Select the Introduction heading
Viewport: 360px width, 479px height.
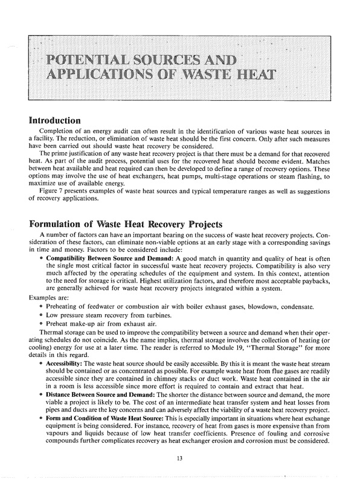55,120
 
